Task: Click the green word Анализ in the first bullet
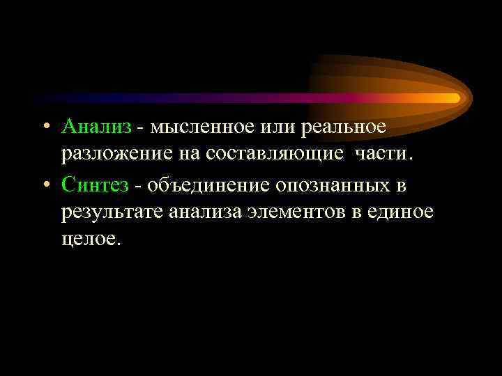[95, 127]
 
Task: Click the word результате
[112, 212]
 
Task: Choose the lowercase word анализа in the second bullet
[206, 212]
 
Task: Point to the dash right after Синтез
[138, 185]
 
